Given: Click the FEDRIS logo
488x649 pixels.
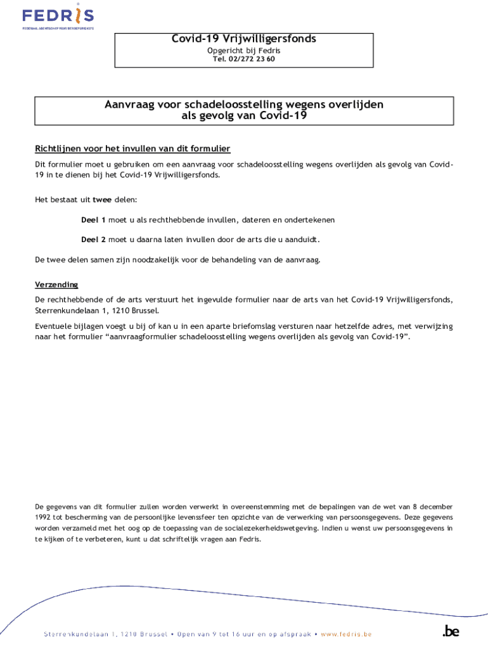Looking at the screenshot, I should point(58,17).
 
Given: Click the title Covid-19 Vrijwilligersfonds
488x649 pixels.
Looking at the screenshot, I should point(244,39).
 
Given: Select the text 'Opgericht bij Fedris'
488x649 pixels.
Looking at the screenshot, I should point(244,50).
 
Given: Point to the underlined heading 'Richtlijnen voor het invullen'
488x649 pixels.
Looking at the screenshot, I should point(132,149).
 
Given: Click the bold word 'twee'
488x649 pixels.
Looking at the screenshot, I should point(102,200).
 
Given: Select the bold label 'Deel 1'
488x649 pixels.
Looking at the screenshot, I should point(93,220).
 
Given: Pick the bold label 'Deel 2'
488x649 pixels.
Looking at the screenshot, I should point(93,240).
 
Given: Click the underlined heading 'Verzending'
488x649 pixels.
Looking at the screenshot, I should point(56,285).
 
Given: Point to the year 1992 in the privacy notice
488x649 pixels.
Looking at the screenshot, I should point(44,517).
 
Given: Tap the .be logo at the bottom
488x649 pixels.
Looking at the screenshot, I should point(451,631).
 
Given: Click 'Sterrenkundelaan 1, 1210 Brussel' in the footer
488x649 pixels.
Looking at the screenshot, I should point(105,634).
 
